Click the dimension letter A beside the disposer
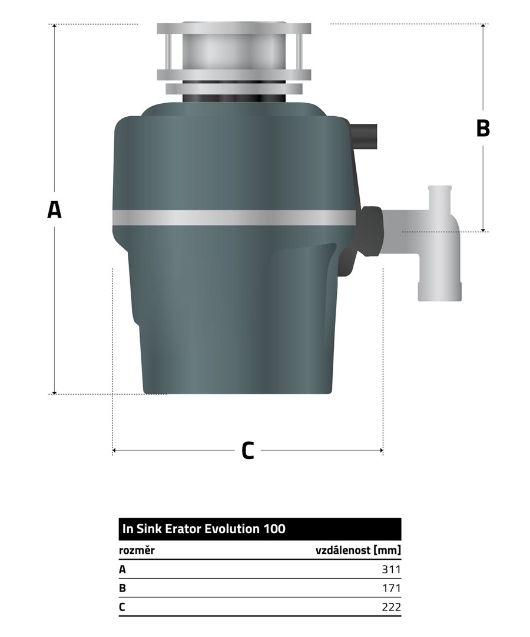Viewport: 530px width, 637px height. point(54,209)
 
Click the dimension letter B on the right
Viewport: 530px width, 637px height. point(483,128)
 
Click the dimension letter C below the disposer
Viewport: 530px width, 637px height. point(248,450)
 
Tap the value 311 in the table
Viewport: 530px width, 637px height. point(391,569)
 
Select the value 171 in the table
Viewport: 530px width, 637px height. point(391,588)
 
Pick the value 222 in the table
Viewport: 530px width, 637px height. point(391,607)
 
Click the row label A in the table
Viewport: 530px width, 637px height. point(122,570)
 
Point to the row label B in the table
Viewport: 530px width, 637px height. point(122,588)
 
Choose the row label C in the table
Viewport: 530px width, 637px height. point(122,607)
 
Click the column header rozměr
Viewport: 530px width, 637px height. point(137,550)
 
